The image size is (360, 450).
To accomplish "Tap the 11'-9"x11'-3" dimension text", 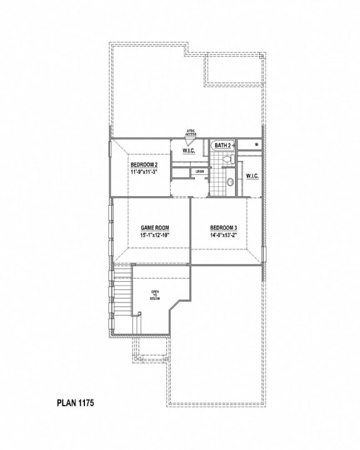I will (x=144, y=171).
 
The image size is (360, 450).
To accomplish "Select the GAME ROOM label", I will (x=155, y=227).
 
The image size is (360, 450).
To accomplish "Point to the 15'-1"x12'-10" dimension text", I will (x=155, y=236).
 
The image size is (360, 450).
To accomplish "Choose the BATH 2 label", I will (x=223, y=145).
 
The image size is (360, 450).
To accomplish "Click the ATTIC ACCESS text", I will (x=191, y=133).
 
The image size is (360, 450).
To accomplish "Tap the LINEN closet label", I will (x=199, y=171).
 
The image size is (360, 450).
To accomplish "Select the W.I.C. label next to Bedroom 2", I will (x=189, y=151).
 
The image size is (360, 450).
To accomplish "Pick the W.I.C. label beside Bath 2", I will (x=253, y=176).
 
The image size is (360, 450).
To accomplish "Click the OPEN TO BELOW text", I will (x=155, y=295).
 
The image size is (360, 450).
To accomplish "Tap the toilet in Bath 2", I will (x=227, y=161).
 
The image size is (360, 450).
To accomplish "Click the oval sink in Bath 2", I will (x=229, y=182).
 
